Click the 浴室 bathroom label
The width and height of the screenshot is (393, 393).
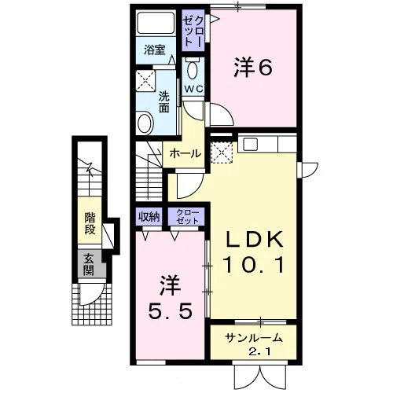coord(155,50)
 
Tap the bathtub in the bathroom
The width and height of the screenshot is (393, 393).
coord(156,22)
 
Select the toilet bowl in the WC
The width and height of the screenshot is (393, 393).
coord(193,69)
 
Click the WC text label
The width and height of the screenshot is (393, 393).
coord(193,89)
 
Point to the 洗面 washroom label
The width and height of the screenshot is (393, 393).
coord(164,103)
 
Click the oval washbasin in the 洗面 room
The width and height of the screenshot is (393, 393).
coord(145,123)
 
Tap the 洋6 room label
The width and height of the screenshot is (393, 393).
coord(253,68)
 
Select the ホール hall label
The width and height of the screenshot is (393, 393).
coord(185,153)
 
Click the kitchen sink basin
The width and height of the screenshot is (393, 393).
coord(251,144)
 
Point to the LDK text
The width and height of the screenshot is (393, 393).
coord(253,239)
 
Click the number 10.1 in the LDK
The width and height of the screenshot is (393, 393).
coord(253,265)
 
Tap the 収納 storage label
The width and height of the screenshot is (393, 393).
coord(149,217)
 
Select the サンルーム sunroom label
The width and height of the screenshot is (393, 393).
coord(254,338)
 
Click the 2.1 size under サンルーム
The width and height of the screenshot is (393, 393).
coord(259,352)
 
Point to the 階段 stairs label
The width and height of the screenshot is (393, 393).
coord(90,223)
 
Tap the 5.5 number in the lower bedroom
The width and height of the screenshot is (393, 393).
coord(171,311)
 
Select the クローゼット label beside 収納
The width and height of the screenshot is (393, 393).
coord(187,217)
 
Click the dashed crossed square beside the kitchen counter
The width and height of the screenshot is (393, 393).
coord(222,152)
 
